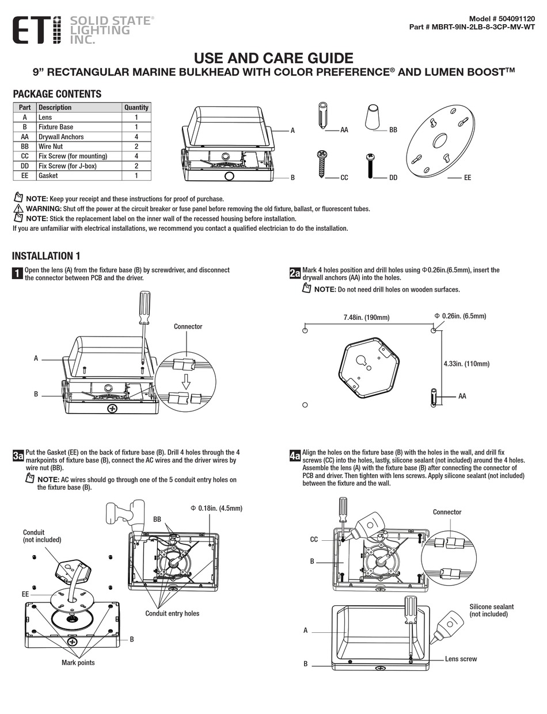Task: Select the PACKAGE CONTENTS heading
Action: pos(57,94)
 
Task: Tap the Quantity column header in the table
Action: pos(136,108)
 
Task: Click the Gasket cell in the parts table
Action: pos(48,175)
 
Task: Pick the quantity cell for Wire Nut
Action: pos(136,146)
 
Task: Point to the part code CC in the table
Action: pos(25,156)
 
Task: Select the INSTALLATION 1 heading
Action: pos(46,256)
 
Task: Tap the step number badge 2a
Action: pos(295,273)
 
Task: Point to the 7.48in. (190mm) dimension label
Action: pos(366,318)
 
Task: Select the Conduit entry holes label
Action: pos(172,613)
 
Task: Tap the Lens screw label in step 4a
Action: pos(461,659)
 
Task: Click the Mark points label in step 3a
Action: pos(78,663)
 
